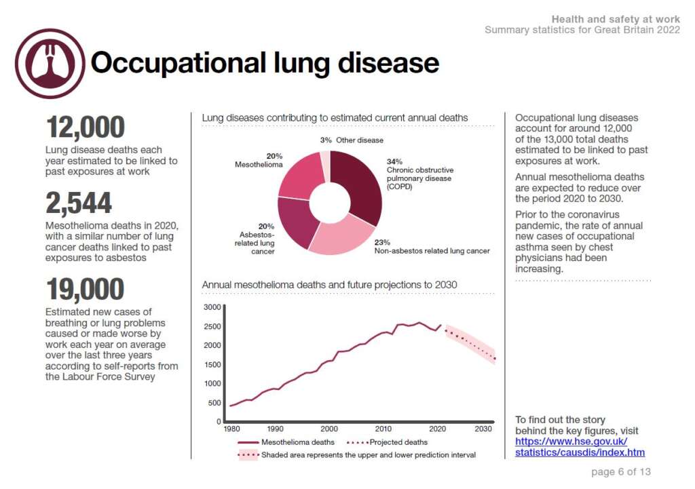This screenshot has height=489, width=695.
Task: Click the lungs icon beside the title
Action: click(x=50, y=63)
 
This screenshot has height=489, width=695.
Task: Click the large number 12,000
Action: click(x=86, y=127)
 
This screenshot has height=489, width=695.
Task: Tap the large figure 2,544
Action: click(x=79, y=203)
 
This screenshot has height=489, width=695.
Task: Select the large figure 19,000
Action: click(x=85, y=289)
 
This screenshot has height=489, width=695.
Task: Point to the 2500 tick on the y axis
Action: click(x=212, y=326)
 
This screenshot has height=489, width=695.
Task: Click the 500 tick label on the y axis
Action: click(x=214, y=403)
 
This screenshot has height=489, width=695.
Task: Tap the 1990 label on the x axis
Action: click(x=276, y=429)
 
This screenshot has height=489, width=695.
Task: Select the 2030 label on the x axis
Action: click(x=483, y=429)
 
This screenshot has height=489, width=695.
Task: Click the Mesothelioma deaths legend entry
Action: click(x=286, y=442)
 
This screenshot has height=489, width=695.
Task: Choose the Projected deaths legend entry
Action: click(x=387, y=442)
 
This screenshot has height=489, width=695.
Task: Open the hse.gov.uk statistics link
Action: click(x=580, y=447)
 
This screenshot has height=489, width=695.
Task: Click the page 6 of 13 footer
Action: click(x=621, y=472)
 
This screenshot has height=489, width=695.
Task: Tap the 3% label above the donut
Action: click(x=326, y=140)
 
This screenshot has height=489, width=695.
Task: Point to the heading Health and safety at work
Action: click(x=616, y=19)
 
